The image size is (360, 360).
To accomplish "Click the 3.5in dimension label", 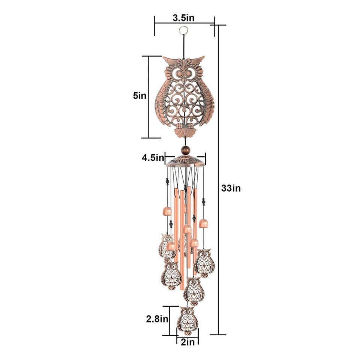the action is click(183, 18).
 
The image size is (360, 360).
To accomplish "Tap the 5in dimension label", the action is click(139, 96).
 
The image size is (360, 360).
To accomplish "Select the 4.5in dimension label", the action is click(153, 158).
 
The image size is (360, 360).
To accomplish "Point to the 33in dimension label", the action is click(231, 188).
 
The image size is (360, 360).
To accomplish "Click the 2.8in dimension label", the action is click(157, 319).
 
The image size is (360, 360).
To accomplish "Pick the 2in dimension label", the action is click(187, 342).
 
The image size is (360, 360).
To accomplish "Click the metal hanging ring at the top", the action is click(184, 30).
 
